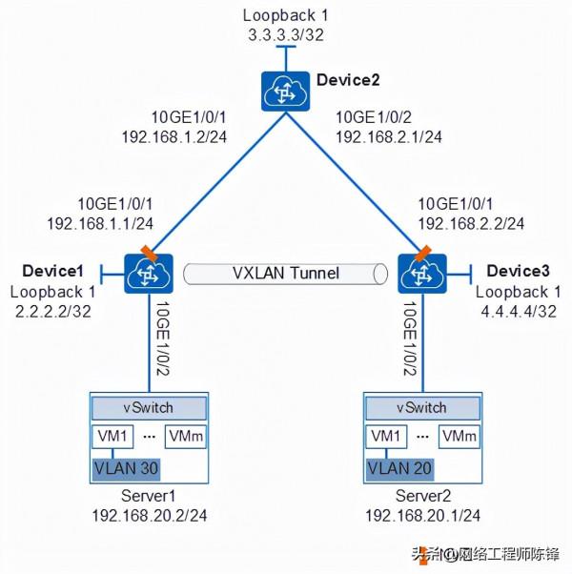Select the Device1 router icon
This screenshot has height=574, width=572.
146,273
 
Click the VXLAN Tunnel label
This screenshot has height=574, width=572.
286,274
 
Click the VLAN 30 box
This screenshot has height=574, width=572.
125,469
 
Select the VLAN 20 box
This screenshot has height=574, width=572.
399,469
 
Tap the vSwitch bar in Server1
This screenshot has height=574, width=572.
147,407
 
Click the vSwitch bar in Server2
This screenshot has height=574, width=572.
420,407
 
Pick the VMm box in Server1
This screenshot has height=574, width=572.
185,437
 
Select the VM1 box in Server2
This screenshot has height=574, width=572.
385,437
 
